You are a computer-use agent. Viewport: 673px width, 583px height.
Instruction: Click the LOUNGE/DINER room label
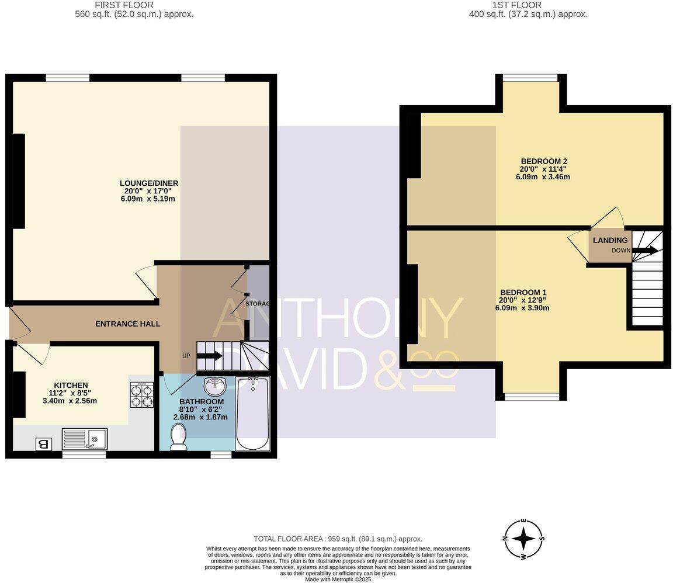coord(148,183)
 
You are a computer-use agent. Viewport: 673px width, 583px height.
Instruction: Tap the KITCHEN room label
coord(71,385)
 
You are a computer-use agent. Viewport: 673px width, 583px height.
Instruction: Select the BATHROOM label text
coord(201,402)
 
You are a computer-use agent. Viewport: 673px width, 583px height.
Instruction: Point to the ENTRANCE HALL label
coord(127,324)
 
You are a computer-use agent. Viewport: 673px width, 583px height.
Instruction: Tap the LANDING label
coord(610,240)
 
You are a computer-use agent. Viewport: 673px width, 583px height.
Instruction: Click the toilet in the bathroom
coord(178,436)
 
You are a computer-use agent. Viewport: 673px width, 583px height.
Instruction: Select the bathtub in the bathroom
coord(252,413)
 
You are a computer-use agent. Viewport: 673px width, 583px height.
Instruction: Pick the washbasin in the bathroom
coord(215,386)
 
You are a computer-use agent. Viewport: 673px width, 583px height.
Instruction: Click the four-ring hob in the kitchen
coord(141,394)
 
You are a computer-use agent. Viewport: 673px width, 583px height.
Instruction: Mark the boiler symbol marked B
coord(43,444)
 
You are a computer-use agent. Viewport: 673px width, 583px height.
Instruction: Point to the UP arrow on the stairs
coord(209,356)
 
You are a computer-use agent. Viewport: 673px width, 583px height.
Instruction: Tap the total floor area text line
coord(338,539)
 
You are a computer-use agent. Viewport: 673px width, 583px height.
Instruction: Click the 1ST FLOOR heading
coord(508,5)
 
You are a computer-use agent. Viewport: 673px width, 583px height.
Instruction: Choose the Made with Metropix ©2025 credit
coord(338,579)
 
